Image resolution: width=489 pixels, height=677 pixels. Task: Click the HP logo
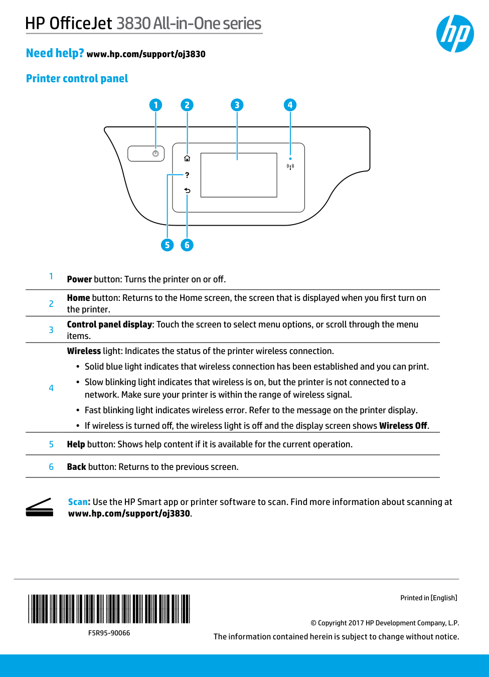pos(455,34)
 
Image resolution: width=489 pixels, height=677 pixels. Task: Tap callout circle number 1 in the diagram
pos(155,105)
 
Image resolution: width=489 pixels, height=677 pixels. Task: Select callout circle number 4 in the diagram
pos(290,105)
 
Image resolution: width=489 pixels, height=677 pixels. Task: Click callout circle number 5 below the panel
pos(167,245)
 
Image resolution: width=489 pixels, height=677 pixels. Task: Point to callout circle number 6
pos(187,245)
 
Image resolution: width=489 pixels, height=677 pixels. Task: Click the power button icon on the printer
pos(155,154)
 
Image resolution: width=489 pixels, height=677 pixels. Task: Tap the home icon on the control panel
pos(187,158)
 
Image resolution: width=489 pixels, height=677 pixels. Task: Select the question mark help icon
pos(187,175)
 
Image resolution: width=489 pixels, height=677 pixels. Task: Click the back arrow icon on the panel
pos(187,191)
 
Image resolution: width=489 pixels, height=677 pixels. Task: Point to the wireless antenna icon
pos(290,166)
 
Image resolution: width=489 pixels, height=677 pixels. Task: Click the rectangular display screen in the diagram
pos(239,175)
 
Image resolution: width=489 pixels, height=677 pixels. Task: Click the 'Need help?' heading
pos(55,53)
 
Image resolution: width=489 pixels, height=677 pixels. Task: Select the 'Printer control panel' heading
pos(77,79)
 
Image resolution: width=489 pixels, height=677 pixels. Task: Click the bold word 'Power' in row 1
pos(79,279)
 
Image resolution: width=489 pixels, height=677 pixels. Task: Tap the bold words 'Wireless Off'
pos(403,426)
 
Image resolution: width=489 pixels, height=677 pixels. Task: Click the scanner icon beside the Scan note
pos(40,507)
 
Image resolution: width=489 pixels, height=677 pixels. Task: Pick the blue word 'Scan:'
pos(79,502)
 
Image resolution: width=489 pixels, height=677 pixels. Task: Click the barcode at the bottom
pos(109,609)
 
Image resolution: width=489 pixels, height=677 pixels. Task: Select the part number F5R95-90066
pos(109,633)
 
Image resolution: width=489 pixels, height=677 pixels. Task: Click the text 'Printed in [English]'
pos(429,598)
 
